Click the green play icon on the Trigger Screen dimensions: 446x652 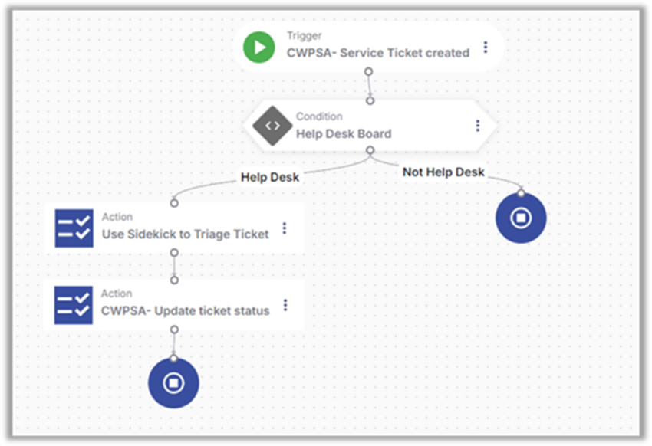point(259,48)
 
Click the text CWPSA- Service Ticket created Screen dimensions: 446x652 point(378,54)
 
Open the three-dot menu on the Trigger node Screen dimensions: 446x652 point(486,48)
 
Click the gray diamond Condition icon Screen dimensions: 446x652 point(272,126)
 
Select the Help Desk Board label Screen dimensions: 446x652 point(344,134)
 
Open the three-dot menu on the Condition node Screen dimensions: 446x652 point(478,126)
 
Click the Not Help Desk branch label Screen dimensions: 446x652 point(443,172)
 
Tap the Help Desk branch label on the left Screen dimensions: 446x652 point(270,177)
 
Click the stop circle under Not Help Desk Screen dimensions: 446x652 point(521,218)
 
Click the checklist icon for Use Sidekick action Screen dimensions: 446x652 point(74,228)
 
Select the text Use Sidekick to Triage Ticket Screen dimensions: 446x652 point(186,234)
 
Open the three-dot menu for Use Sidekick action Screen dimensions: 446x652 point(285,228)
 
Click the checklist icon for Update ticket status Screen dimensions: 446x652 point(74,305)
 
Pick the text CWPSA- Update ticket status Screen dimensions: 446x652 point(186,311)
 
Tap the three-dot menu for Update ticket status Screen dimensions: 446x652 point(285,305)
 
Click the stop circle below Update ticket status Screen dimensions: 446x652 point(173,382)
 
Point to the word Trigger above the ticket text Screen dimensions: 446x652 point(305,36)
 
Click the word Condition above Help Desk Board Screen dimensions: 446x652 point(320,116)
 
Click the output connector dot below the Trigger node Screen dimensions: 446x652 point(368,71)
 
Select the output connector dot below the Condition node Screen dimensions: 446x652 point(370,151)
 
